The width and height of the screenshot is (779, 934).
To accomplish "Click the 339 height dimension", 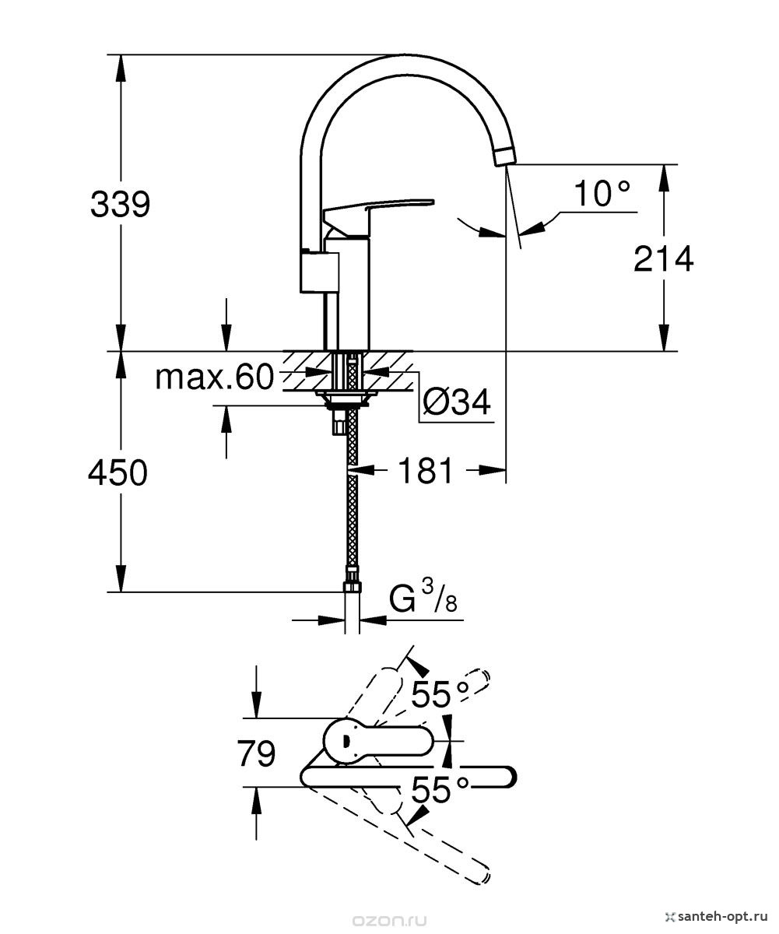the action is (121, 205).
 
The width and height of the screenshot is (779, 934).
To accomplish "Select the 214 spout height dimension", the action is (664, 258).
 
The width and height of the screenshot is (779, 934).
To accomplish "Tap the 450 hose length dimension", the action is (118, 472).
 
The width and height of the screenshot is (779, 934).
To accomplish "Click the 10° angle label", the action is (602, 193).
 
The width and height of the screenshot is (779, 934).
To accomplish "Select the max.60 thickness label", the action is (214, 377).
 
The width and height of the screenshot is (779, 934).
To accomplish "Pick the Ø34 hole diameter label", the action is (457, 402).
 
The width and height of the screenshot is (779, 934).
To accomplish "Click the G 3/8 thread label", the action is (423, 599).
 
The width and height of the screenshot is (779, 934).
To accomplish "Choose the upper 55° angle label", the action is (440, 695).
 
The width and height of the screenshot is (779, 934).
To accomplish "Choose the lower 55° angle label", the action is (440, 790).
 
